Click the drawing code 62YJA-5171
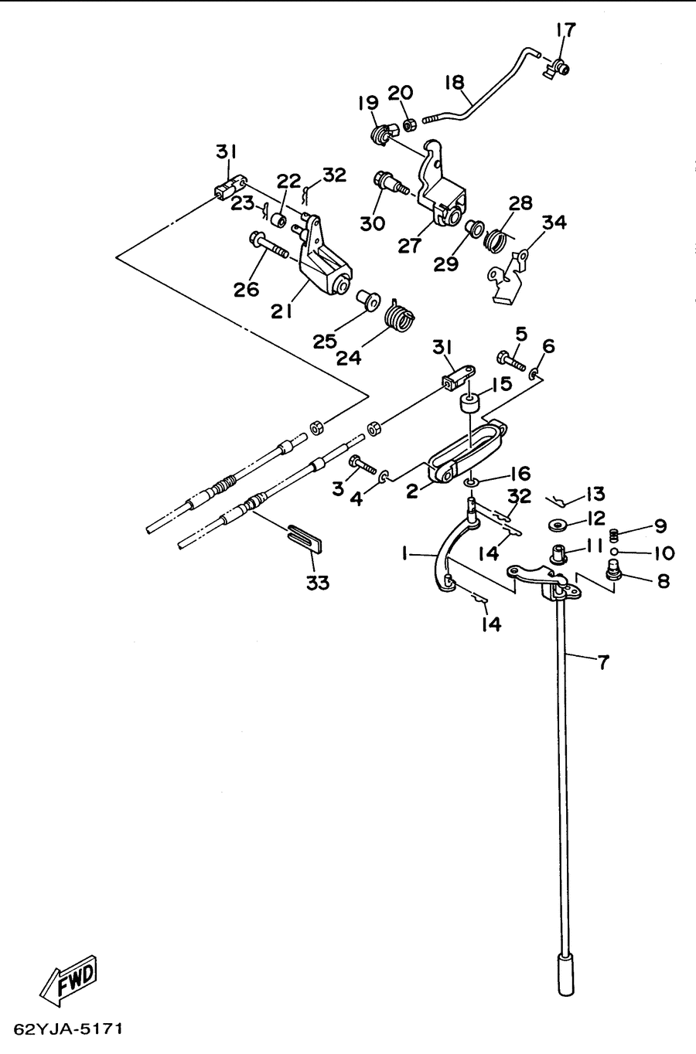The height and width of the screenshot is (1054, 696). (x=69, y=1029)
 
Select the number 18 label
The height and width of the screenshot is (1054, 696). (x=455, y=83)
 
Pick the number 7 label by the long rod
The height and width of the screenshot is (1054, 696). (x=603, y=662)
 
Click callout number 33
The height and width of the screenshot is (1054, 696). (x=318, y=583)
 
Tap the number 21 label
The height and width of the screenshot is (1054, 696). (x=281, y=311)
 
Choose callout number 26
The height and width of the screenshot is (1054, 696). (x=246, y=289)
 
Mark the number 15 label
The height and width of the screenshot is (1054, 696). (x=503, y=384)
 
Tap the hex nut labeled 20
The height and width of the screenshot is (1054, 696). (x=409, y=126)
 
